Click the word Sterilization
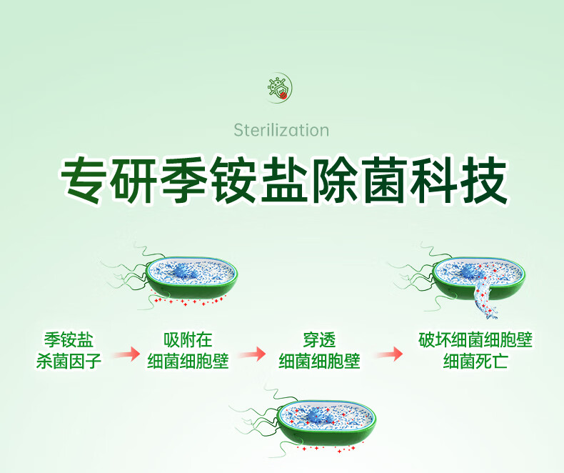(x=281, y=130)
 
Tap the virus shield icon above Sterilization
(x=278, y=88)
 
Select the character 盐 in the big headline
(x=284, y=179)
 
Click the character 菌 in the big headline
(x=384, y=179)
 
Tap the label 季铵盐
(x=69, y=339)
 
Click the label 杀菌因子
(x=69, y=361)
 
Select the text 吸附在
(x=188, y=339)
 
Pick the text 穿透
(x=319, y=339)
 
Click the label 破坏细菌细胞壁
(x=475, y=339)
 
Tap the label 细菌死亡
(x=475, y=361)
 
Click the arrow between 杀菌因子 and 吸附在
(x=126, y=354)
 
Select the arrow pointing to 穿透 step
(x=252, y=354)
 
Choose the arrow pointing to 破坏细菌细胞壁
(x=389, y=354)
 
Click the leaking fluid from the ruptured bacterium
(x=485, y=298)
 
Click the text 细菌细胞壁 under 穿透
(x=319, y=361)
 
